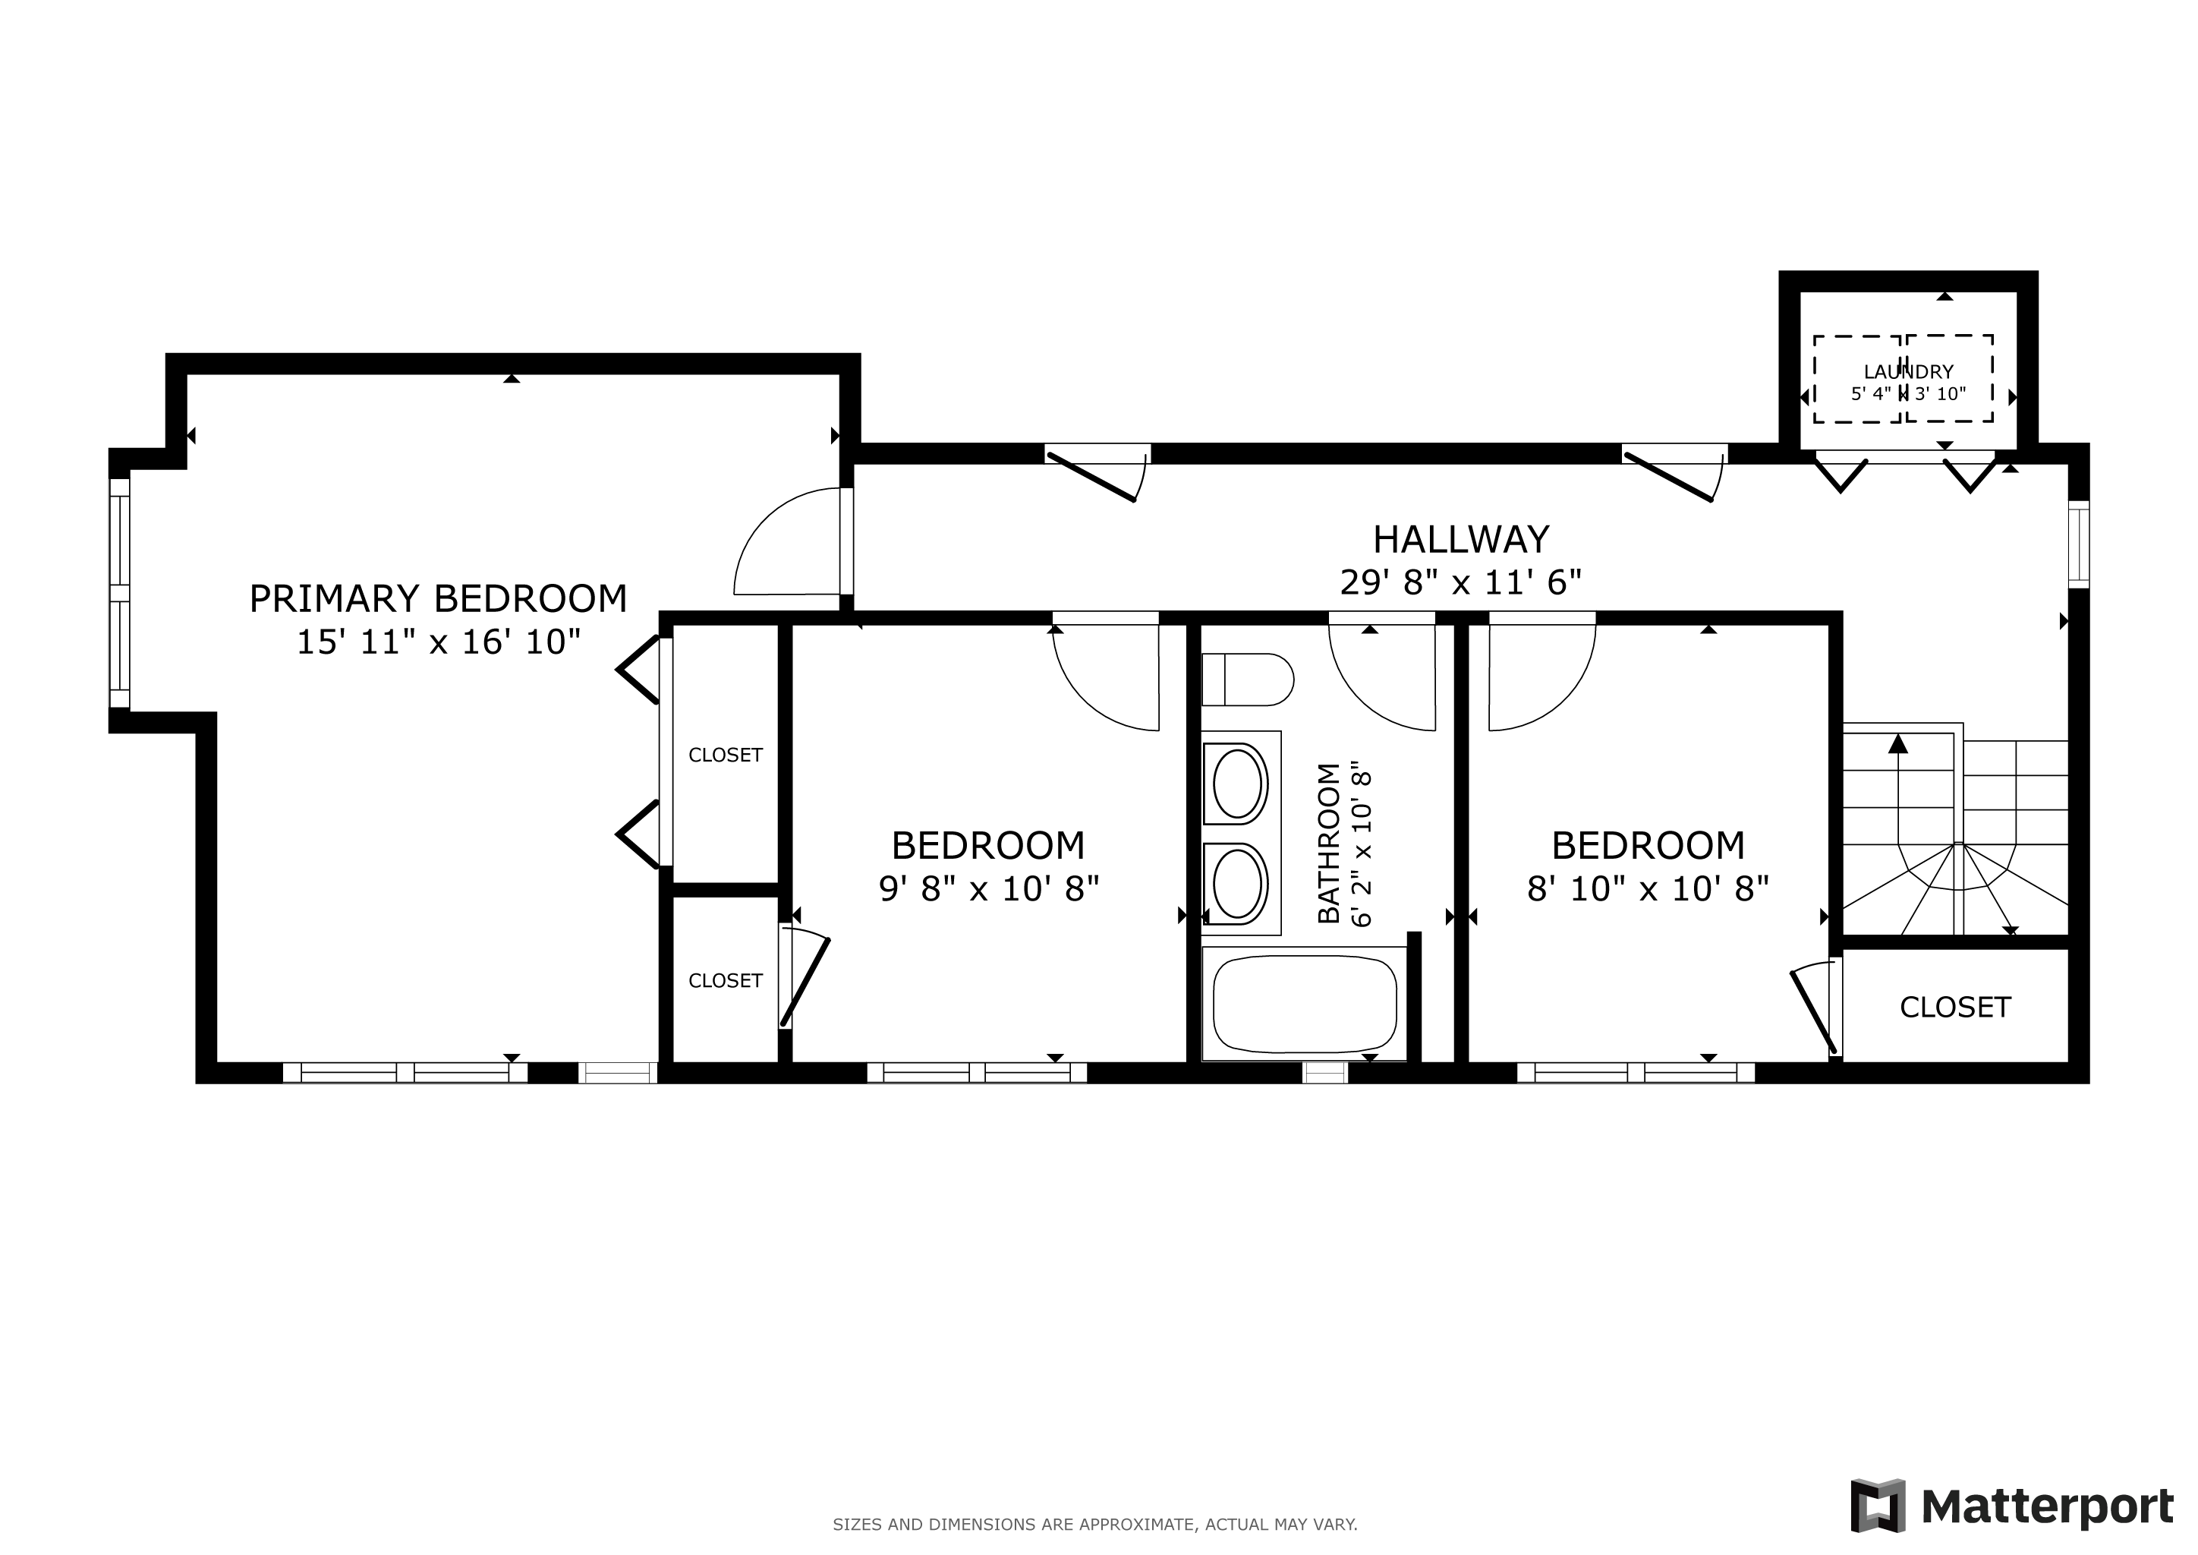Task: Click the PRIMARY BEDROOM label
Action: (x=439, y=598)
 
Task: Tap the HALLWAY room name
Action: (x=1461, y=540)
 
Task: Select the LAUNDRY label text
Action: (x=1908, y=371)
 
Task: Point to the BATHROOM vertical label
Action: (x=1329, y=844)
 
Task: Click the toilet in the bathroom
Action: (x=1248, y=680)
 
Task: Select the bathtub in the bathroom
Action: (x=1305, y=1004)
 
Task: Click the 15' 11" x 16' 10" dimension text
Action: (x=439, y=642)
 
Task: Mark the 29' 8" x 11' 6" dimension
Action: (x=1461, y=582)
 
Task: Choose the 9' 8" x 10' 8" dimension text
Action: (x=989, y=888)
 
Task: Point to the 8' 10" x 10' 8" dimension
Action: (x=1648, y=888)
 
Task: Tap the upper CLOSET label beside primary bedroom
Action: (x=726, y=755)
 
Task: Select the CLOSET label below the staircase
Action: (x=1956, y=1008)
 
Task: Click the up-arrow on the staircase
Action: (x=1898, y=743)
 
